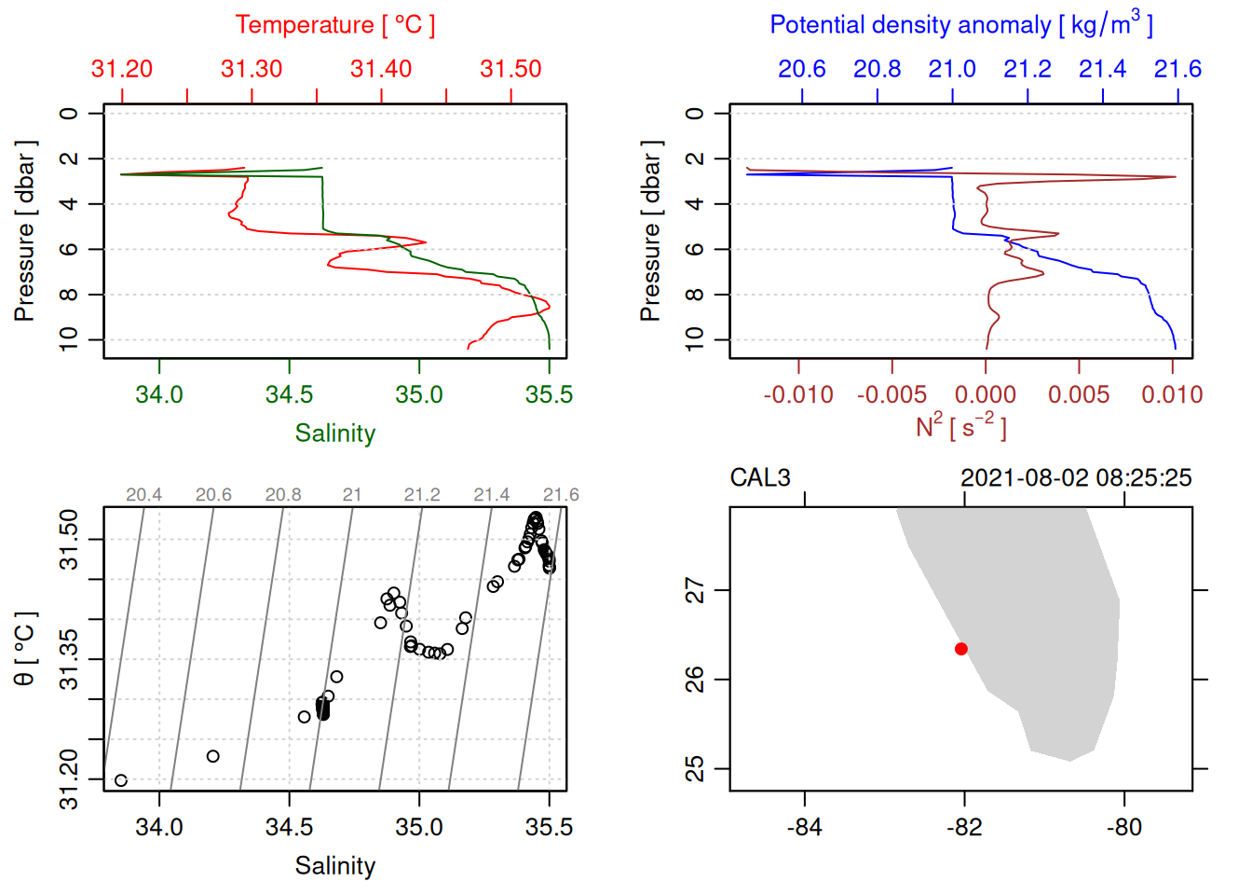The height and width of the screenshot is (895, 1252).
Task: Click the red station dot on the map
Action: tap(961, 649)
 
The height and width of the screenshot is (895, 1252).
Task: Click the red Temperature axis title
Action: tap(334, 25)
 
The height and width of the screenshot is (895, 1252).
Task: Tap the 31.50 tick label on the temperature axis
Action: tap(510, 69)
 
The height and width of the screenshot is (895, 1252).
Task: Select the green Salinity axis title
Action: tap(334, 434)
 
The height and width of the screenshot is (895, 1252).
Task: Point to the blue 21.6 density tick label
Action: tap(1177, 69)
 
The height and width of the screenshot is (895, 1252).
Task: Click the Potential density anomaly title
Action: tap(960, 24)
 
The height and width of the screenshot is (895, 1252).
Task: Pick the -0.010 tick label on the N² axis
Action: tap(798, 394)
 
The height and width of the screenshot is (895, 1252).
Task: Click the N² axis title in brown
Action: tap(960, 426)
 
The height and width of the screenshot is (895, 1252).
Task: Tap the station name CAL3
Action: tap(760, 478)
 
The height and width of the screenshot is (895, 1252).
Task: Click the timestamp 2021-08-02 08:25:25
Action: tap(1076, 478)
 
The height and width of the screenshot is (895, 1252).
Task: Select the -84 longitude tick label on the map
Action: tap(804, 827)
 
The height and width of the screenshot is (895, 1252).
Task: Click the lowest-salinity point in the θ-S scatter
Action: tap(120, 780)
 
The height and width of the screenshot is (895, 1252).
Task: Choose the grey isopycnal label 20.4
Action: tap(143, 495)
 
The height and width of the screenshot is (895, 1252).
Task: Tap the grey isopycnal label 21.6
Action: tap(561, 495)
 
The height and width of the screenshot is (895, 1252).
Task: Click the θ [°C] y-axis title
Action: tap(25, 649)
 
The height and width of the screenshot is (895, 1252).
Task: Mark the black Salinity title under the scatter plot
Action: tap(334, 866)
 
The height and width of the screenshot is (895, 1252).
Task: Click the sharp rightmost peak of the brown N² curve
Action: tap(1175, 177)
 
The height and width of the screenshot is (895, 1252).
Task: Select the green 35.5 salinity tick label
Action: tap(549, 394)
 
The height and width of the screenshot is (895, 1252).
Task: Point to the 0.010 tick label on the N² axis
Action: tap(1172, 394)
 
